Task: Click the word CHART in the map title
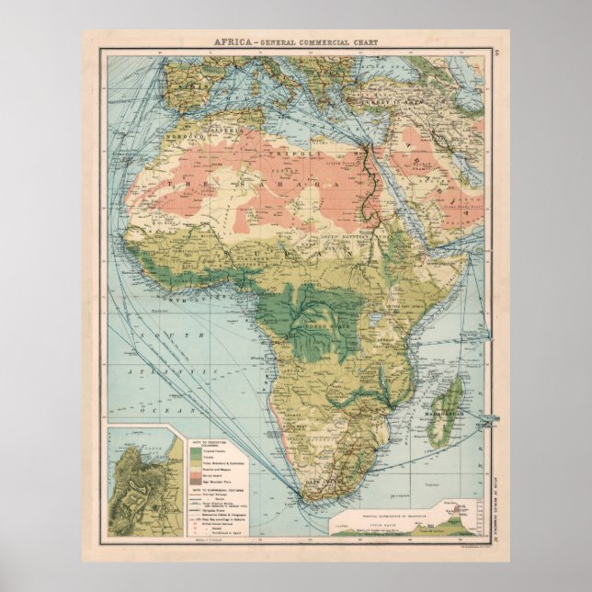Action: point(363,41)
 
